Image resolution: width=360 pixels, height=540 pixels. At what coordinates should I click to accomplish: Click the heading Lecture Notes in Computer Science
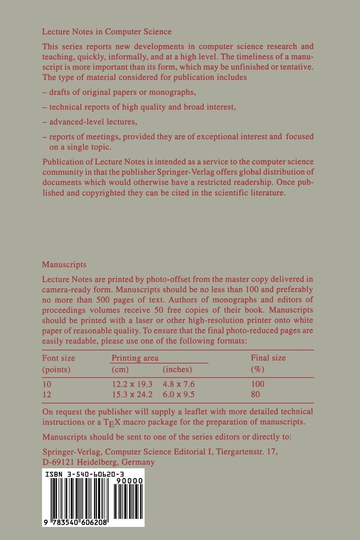[x=107, y=32]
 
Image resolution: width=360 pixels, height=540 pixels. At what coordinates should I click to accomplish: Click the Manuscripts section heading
[x=64, y=264]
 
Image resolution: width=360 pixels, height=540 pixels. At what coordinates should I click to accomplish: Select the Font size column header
[x=58, y=358]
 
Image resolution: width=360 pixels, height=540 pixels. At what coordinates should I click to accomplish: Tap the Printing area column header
[x=135, y=358]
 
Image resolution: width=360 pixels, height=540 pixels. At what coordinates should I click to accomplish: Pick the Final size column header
[x=268, y=358]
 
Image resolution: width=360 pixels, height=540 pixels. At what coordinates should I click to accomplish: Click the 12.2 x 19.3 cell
[x=132, y=384]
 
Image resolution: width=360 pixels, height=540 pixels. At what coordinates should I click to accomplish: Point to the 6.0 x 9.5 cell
[x=179, y=394]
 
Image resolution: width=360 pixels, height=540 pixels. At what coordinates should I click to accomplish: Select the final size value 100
[x=258, y=384]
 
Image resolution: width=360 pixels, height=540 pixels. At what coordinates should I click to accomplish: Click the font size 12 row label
[x=47, y=394]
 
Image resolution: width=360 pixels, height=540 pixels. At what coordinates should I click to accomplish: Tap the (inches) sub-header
[x=177, y=369]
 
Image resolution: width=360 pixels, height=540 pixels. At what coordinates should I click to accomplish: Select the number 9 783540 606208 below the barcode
[x=75, y=523]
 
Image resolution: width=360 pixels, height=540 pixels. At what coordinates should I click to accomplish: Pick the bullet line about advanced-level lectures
[x=90, y=121]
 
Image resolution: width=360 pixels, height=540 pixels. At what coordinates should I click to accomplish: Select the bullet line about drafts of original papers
[x=119, y=92]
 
